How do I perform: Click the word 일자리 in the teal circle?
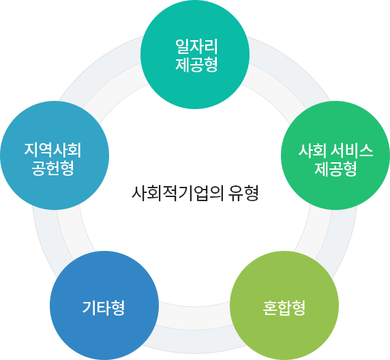pos(195,48)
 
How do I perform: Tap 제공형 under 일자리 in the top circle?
pos(195,66)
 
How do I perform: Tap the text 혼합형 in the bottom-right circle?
pos(284,307)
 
